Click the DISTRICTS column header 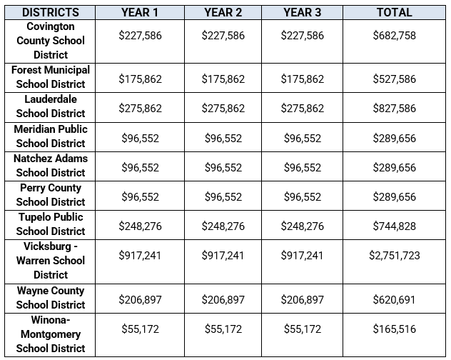point(51,12)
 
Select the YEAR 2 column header point(223,12)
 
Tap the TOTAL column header point(395,12)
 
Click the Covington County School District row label point(51,41)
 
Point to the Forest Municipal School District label point(51,77)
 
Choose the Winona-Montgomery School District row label point(51,334)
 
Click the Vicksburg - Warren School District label point(51,261)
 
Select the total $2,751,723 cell point(395,256)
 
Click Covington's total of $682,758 point(395,36)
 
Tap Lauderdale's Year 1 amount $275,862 point(140,109)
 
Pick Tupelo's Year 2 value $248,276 point(223,226)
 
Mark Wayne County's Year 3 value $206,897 point(303,300)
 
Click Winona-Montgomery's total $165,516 point(395,329)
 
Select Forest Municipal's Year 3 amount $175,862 point(303,79)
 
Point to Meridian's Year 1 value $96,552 point(140,139)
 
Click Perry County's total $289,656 point(395,196)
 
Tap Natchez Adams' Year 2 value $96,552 point(223,167)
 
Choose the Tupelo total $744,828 point(395,226)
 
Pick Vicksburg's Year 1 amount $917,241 point(140,256)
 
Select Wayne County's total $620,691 point(395,300)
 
